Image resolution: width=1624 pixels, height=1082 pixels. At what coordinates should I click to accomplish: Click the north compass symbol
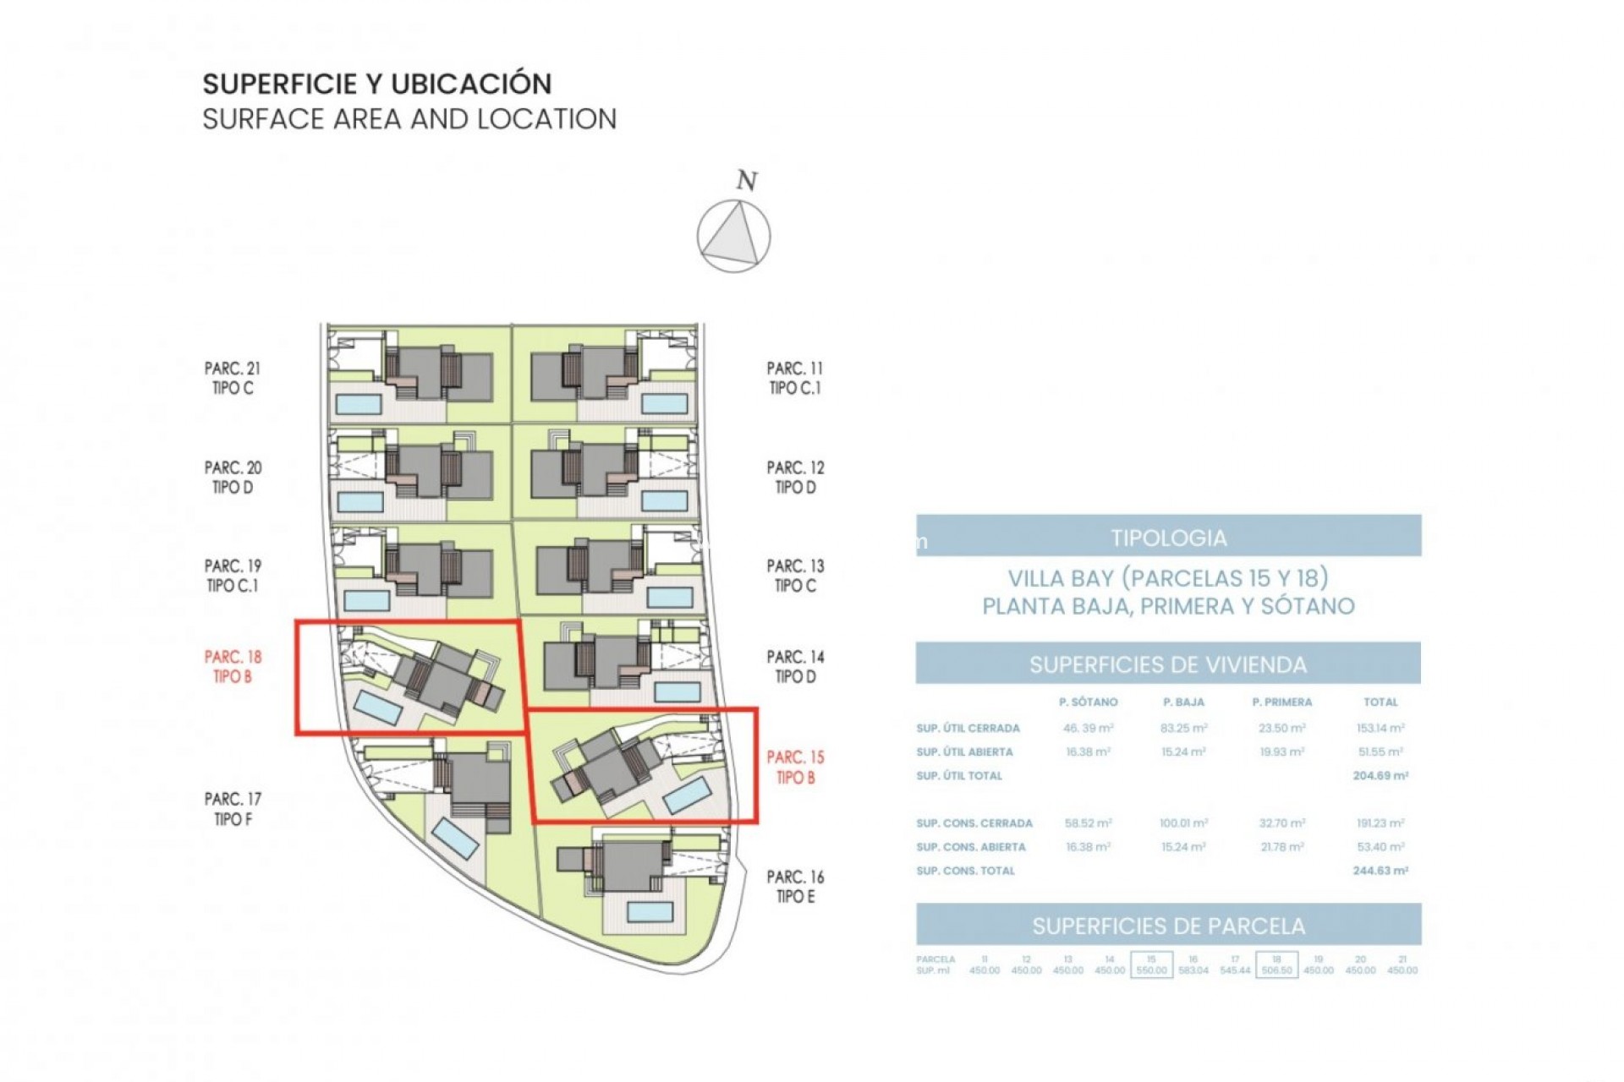click(733, 236)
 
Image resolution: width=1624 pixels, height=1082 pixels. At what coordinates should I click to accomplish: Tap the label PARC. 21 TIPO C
click(233, 378)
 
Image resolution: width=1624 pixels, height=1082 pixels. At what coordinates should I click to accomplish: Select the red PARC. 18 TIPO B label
click(233, 666)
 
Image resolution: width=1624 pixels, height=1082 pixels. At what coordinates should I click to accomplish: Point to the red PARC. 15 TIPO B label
click(795, 767)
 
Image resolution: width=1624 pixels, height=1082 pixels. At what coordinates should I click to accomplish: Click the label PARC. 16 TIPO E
click(795, 887)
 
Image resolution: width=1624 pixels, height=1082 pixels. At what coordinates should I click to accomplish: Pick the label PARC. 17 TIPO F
click(233, 808)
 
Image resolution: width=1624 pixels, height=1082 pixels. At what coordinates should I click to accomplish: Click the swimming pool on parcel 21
click(359, 403)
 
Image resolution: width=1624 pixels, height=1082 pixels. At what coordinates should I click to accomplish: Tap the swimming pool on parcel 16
click(650, 911)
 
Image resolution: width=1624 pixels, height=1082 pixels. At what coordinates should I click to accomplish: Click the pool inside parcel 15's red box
click(686, 796)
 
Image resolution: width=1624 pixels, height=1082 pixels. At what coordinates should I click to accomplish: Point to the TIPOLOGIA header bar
click(1168, 538)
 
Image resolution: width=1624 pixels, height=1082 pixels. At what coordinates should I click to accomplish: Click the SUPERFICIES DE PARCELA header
click(1168, 926)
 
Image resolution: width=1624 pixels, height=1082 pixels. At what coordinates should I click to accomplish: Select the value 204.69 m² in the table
click(1380, 775)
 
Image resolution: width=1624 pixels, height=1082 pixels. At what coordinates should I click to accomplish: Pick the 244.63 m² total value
click(1380, 870)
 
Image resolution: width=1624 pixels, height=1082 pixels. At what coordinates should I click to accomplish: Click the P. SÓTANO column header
click(1088, 702)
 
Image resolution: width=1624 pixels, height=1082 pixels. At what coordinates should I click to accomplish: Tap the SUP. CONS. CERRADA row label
click(974, 822)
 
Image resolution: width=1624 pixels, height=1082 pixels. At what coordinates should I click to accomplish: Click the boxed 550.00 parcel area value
click(1151, 970)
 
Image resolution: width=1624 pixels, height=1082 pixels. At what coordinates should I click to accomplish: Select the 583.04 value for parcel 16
click(1193, 970)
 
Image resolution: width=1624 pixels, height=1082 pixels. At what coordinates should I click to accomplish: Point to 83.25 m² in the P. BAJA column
click(1183, 727)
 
